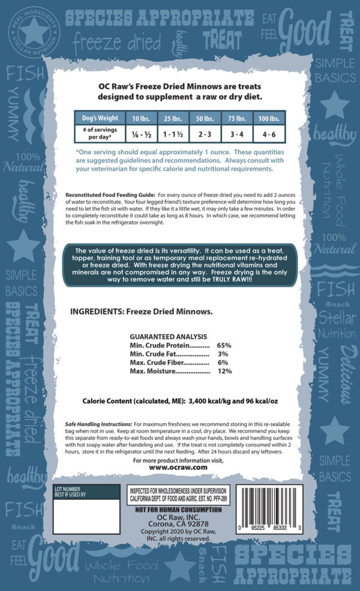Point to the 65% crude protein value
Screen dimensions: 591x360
click(x=224, y=346)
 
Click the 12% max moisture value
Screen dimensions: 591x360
click(x=224, y=371)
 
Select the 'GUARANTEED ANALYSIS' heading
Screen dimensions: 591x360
click(x=169, y=337)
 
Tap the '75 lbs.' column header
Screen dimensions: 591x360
click(x=236, y=118)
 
